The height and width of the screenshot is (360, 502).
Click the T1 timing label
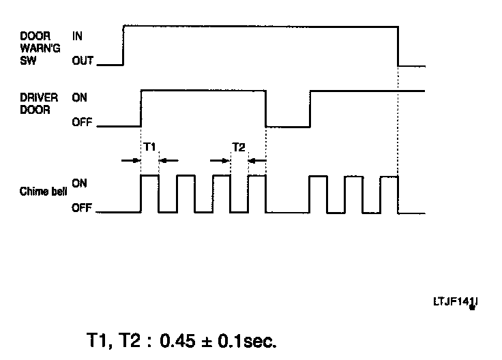150,147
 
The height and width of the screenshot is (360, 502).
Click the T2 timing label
239,147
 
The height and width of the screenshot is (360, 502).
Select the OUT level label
82,61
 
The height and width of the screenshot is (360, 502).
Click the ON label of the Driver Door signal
80,97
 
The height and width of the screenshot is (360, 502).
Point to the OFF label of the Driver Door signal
81,124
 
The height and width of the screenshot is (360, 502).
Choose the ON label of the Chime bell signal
80,183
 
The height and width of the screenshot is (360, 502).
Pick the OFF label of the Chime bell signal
81,209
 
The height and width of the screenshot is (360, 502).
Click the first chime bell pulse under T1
149,194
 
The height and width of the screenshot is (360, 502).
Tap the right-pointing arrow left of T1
130,160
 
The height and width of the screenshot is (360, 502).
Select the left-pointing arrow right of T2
257,160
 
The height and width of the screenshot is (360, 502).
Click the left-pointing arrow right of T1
168,160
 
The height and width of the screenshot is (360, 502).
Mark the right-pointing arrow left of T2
220,160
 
